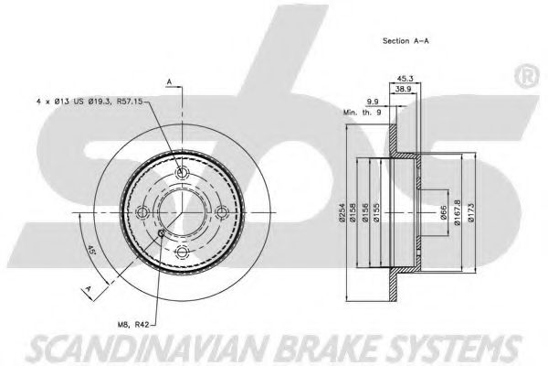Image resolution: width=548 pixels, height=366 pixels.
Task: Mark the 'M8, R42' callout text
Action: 134,324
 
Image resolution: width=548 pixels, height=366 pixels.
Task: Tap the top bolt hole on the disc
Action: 181,174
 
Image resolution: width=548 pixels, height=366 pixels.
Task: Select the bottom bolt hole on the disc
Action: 181,253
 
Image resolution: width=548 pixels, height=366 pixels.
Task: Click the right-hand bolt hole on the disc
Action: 220,213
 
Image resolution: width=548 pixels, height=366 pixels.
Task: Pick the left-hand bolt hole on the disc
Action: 142,213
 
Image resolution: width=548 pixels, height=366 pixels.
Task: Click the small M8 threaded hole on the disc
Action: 161,233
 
